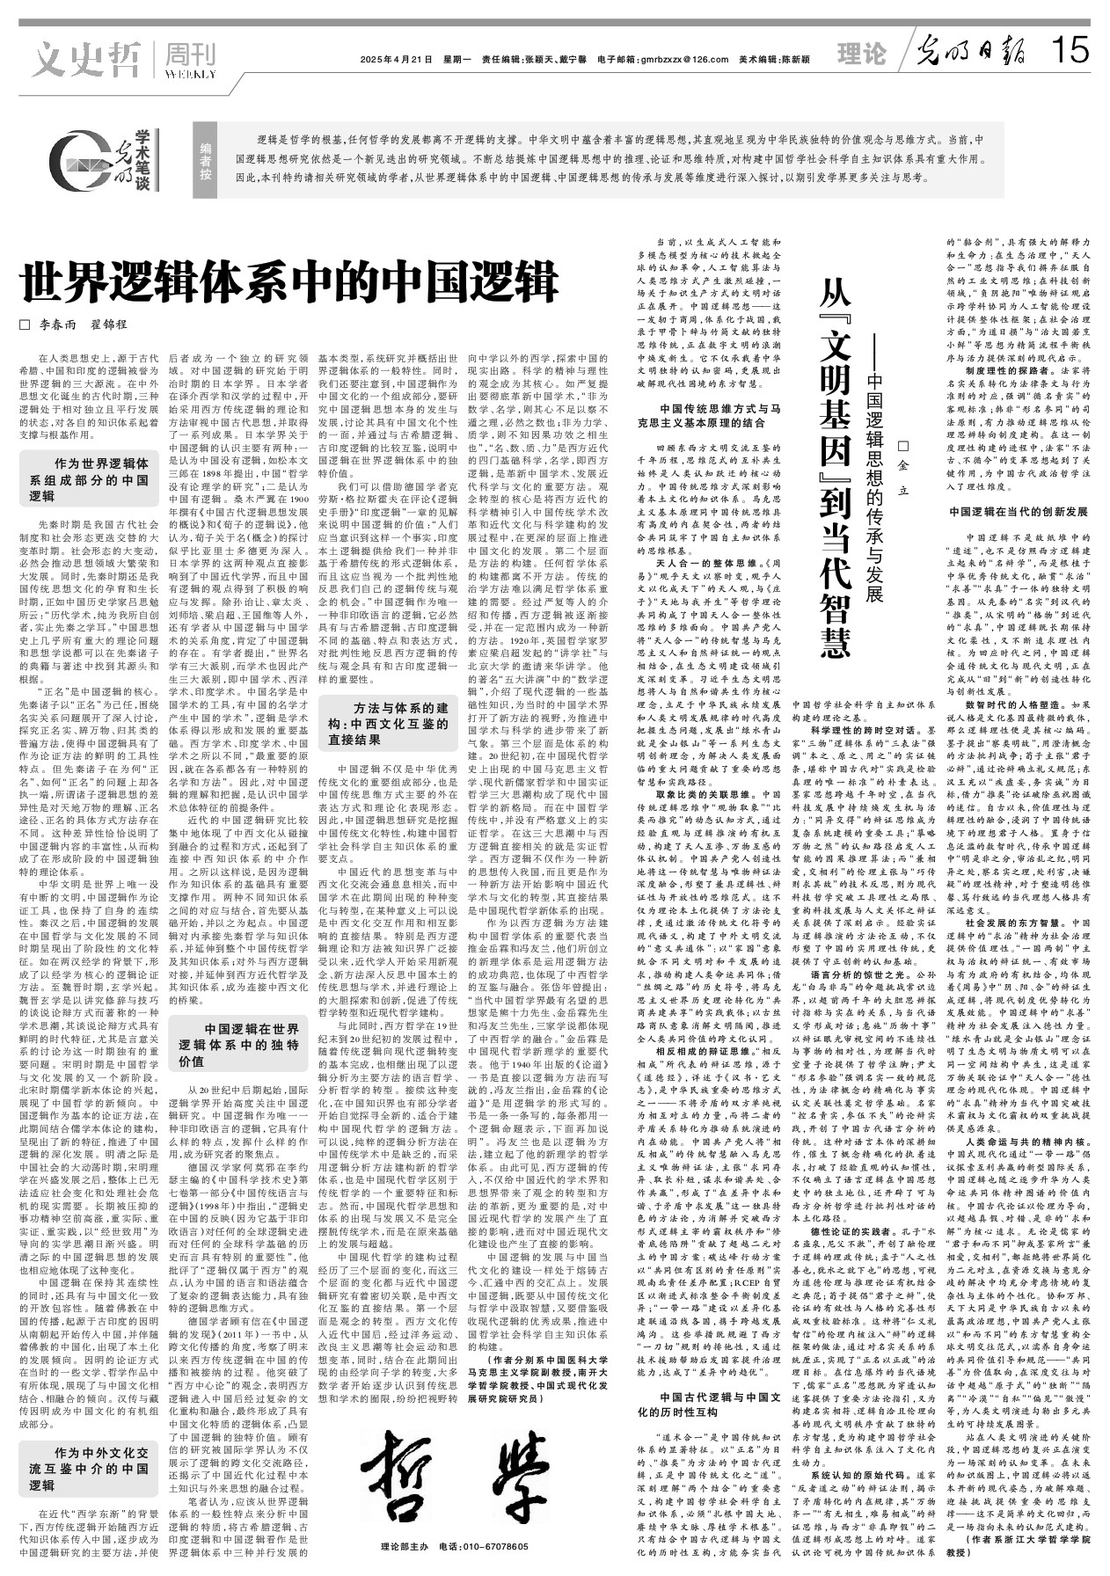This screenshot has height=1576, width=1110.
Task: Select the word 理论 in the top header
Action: (861, 55)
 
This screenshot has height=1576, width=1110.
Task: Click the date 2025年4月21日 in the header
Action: (396, 60)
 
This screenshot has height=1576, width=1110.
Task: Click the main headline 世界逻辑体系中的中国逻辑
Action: (289, 282)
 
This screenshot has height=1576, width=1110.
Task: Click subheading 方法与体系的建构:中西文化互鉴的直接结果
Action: (388, 724)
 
